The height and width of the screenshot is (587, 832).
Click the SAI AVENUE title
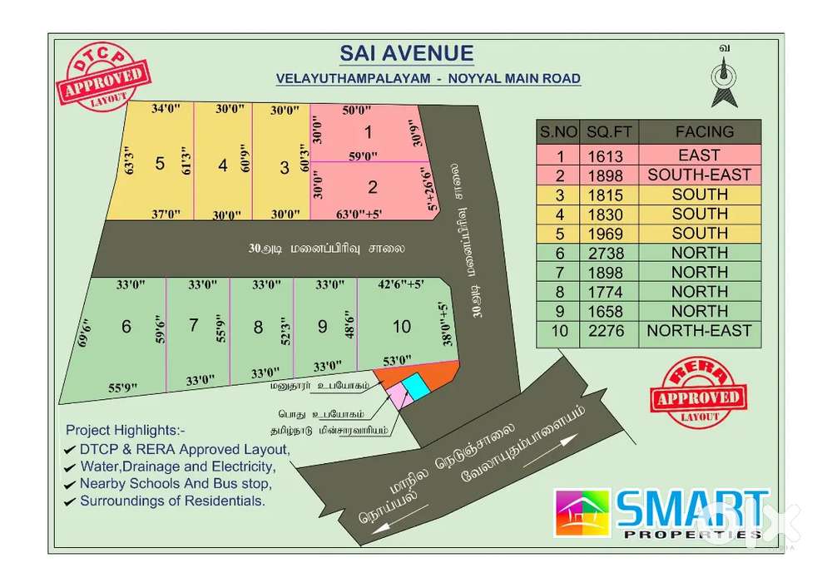(407, 54)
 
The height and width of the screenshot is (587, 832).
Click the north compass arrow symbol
(725, 84)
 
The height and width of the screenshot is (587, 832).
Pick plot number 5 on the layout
(160, 163)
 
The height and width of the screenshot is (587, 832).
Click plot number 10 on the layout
(402, 327)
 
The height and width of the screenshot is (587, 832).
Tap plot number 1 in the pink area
(368, 132)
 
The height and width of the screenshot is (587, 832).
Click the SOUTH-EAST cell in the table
(699, 175)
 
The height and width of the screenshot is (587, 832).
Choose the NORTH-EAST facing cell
(699, 330)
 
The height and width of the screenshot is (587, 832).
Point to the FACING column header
(704, 131)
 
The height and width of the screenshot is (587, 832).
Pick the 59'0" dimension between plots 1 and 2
(363, 155)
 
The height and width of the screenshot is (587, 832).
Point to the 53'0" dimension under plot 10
(396, 360)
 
